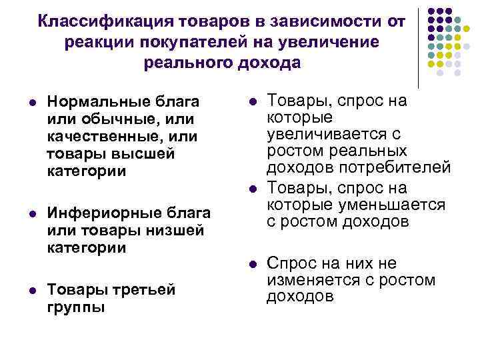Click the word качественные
(x=102, y=136)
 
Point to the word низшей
(x=173, y=231)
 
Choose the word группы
(x=75, y=308)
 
